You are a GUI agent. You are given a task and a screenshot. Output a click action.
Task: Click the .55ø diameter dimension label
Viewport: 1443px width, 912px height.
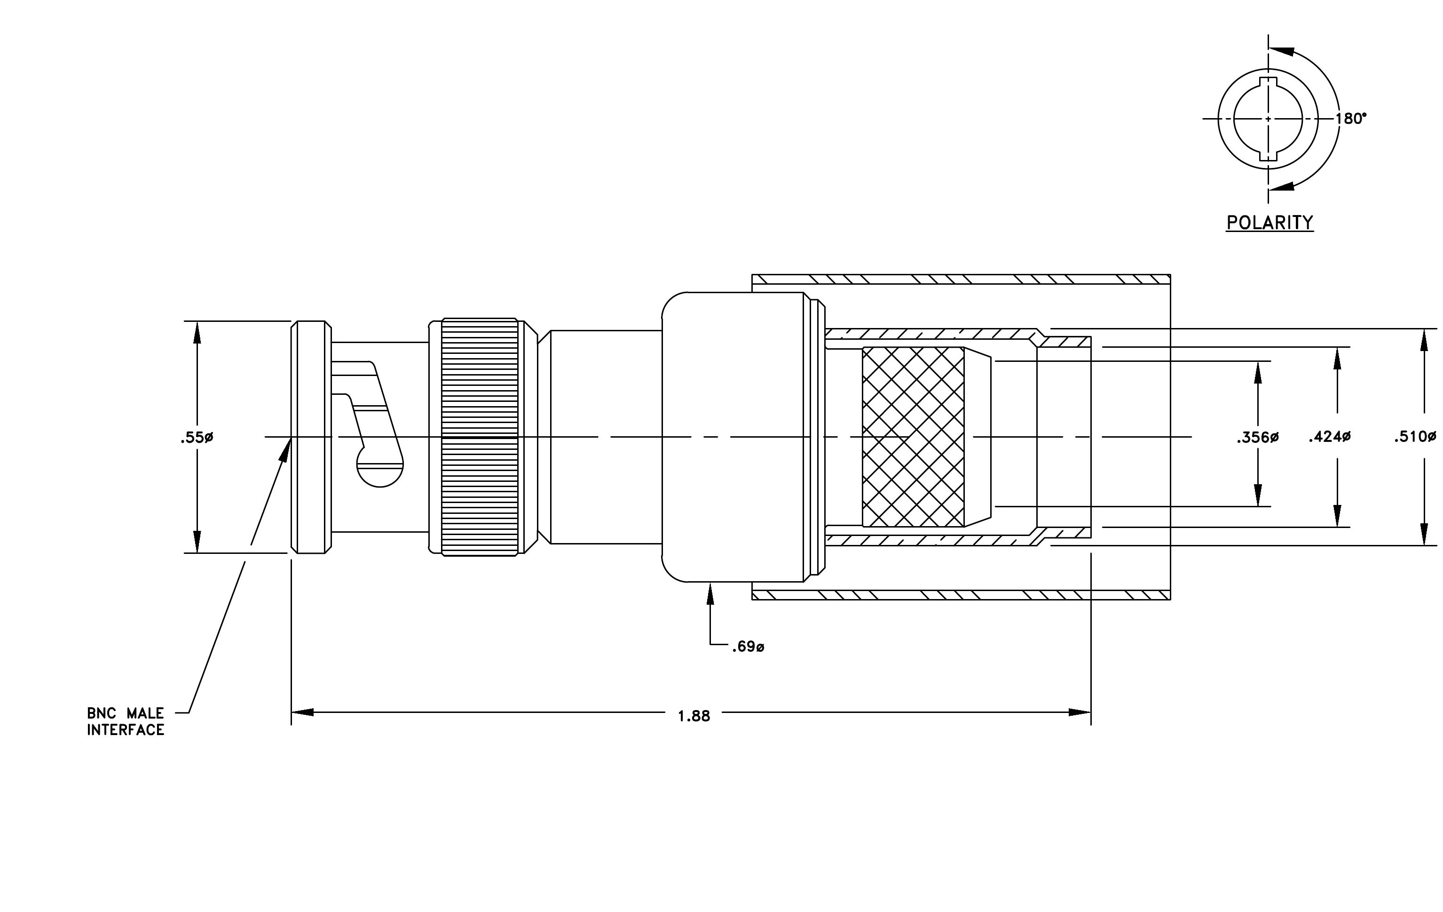coord(197,438)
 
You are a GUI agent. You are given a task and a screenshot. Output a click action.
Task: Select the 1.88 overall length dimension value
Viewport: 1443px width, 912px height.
coord(694,716)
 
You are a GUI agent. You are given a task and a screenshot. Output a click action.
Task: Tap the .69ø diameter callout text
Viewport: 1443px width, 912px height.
coord(748,647)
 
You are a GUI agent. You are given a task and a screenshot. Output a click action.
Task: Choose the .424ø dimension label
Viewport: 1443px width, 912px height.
coord(1329,437)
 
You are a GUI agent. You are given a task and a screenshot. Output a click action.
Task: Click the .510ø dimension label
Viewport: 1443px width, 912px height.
coord(1415,437)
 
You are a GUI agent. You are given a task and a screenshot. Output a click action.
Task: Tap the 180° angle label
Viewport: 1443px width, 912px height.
coord(1351,119)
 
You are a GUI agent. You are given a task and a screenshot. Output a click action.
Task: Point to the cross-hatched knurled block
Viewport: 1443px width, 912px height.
coord(913,437)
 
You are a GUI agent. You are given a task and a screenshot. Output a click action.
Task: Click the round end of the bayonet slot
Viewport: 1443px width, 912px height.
coord(380,471)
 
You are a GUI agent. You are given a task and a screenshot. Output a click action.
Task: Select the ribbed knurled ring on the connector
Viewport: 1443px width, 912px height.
coord(480,437)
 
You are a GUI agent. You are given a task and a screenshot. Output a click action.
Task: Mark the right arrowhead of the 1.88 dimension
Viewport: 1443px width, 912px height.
coord(1080,712)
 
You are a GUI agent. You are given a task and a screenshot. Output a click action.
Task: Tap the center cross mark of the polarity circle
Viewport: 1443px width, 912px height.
coord(1268,119)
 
